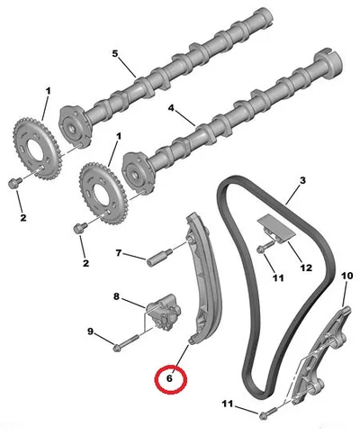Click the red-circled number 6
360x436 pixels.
coord(169,378)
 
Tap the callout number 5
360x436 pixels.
coord(115,54)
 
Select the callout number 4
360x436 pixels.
coord(171,108)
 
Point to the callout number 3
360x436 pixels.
coord(302,180)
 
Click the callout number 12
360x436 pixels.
coord(306,268)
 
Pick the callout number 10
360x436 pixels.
coord(347,276)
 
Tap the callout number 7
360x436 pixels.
coord(119,253)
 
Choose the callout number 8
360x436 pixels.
coord(116,296)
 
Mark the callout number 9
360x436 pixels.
coord(90,332)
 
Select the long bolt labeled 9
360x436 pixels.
coord(125,342)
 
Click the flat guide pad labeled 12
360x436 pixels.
coord(276,229)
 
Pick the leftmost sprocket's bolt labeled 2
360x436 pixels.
coord(14,182)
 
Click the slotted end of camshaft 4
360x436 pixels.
coord(328,59)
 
